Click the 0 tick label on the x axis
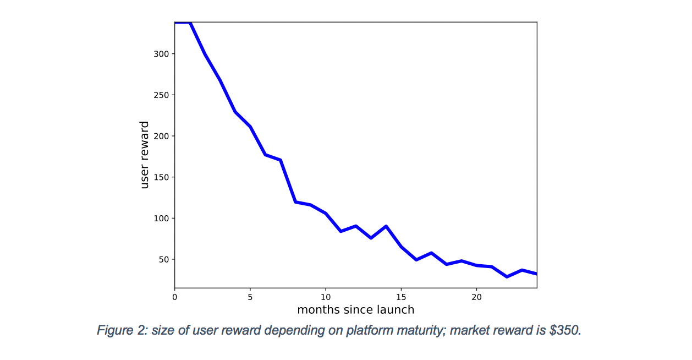(175, 297)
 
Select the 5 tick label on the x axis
(250, 297)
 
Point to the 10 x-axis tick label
(326, 297)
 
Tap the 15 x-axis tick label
(401, 297)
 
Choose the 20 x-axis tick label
(476, 297)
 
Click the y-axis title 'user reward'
(145, 155)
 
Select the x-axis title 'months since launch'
(355, 310)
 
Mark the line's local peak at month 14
(386, 226)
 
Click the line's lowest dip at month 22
(507, 276)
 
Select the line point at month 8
(295, 202)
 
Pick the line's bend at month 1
(190, 23)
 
